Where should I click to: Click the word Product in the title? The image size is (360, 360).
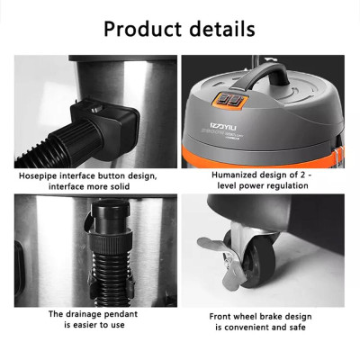[x=145, y=29]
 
